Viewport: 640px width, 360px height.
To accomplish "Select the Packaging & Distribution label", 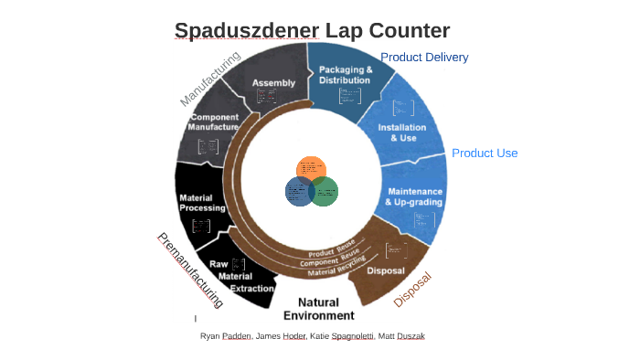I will tap(345, 75).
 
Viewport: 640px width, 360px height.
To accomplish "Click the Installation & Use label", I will tap(397, 132).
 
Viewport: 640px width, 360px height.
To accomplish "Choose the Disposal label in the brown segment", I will tap(385, 270).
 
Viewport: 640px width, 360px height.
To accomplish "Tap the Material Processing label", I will tap(203, 203).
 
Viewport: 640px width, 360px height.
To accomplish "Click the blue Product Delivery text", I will tap(424, 58).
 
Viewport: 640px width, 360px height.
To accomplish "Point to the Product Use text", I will tap(485, 153).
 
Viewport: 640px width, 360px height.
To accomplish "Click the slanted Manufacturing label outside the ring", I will tap(209, 79).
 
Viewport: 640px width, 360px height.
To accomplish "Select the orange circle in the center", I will tap(311, 170).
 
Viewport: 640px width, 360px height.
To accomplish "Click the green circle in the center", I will tap(324, 191).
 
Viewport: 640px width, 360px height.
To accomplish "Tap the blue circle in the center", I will tap(299, 191).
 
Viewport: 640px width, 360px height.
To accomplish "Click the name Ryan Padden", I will tap(226, 336).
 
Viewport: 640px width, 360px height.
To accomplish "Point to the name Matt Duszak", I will tap(403, 336).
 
